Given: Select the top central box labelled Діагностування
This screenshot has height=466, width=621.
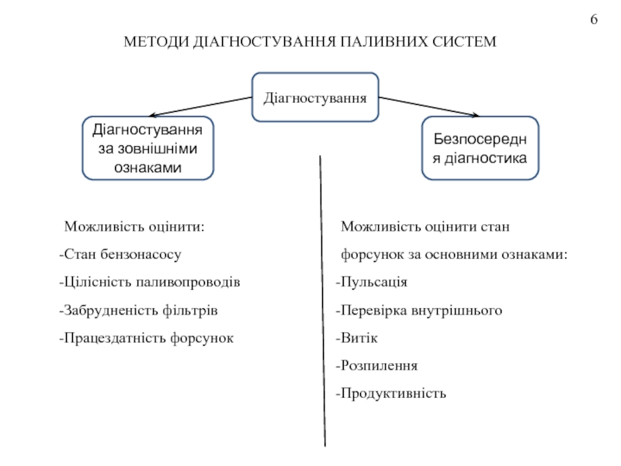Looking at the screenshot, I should pos(315,99).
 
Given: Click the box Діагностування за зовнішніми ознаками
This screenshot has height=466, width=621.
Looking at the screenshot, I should pos(147,148).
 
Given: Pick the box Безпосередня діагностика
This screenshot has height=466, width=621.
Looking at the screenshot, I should pos(479,148).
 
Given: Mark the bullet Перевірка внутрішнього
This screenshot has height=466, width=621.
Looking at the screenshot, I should pos(419,310).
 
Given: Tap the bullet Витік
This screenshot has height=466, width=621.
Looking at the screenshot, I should pos(358,338).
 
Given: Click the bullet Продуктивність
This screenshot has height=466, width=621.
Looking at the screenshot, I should pos(391,393).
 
